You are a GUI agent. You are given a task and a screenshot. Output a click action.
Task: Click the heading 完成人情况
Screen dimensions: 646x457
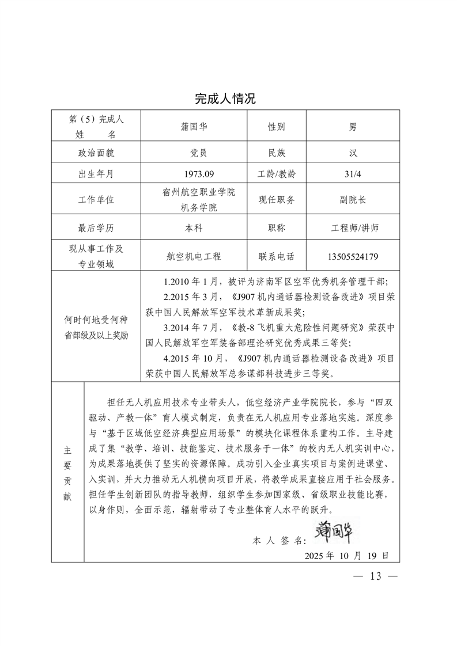(x=225, y=98)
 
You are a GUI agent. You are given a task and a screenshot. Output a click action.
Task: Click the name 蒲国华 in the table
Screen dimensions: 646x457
(x=193, y=127)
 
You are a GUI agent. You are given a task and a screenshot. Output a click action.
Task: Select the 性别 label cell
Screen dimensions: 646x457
(x=276, y=127)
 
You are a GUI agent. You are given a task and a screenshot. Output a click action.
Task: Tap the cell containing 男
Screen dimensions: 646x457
(x=352, y=127)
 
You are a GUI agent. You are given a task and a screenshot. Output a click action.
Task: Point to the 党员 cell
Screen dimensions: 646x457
(x=193, y=153)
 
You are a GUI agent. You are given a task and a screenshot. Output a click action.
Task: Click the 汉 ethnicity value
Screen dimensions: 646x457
(x=352, y=153)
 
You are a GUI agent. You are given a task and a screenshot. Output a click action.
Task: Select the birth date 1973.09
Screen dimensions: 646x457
(x=193, y=173)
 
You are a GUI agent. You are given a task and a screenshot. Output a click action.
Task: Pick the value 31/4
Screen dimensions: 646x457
(x=352, y=173)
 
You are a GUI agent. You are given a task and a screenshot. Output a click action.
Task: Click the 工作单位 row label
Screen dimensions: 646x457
(x=96, y=199)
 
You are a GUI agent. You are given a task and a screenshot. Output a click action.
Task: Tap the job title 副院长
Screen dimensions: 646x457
(x=352, y=199)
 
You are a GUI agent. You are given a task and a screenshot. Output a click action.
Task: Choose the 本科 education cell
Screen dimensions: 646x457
(x=193, y=227)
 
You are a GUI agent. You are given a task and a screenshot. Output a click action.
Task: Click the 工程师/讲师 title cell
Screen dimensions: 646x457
(x=352, y=227)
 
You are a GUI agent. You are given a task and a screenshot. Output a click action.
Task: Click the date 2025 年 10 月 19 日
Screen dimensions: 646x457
(x=346, y=556)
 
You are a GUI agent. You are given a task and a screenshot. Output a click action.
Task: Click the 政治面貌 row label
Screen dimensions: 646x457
(x=96, y=153)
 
